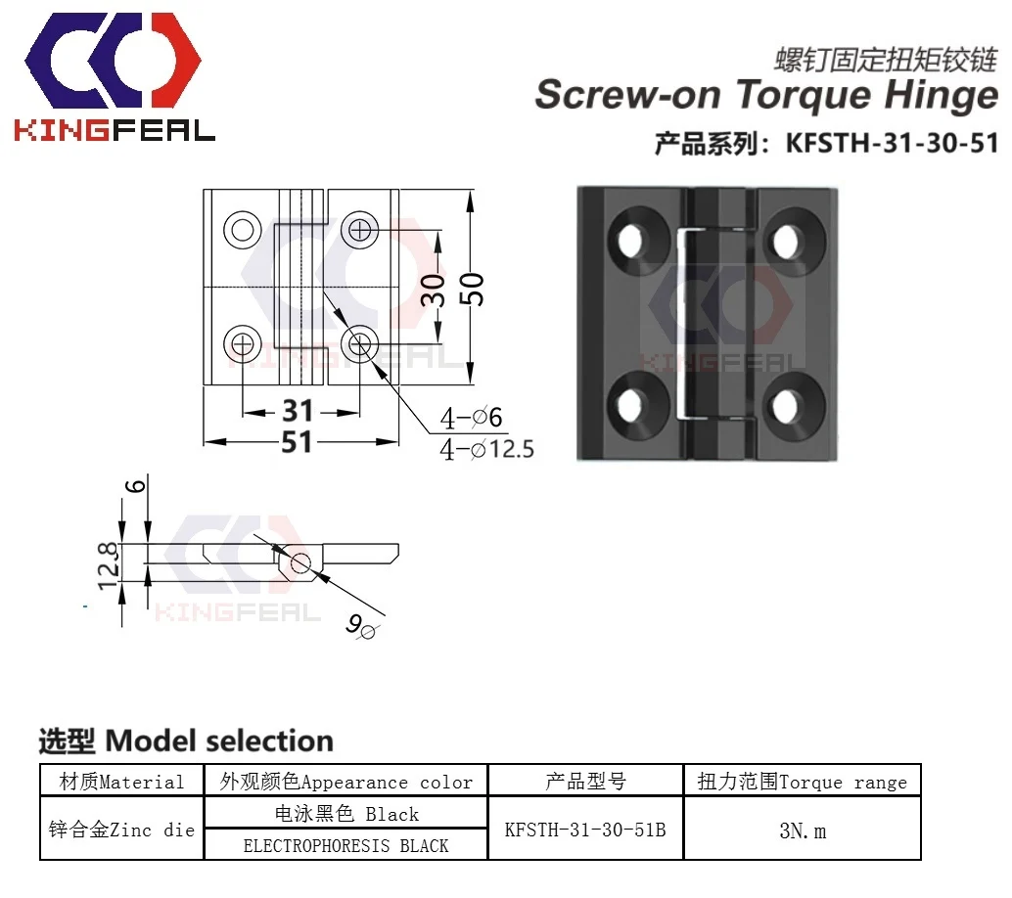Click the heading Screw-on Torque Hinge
(765, 96)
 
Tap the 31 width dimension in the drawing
(297, 411)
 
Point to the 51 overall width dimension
(297, 442)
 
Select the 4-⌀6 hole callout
(471, 419)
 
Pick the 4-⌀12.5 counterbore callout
(486, 450)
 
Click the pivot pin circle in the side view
(300, 561)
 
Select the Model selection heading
(186, 741)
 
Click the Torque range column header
(802, 782)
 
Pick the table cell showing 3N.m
(802, 831)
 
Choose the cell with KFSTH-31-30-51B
(585, 830)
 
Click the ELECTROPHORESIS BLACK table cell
(345, 845)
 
